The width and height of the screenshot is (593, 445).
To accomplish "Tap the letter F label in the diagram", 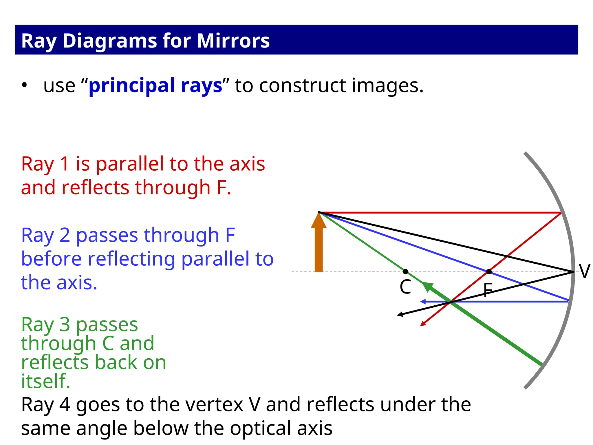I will tap(488, 290).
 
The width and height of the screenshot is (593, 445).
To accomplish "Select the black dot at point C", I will tap(405, 271).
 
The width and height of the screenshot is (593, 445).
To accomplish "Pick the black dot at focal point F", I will tap(489, 271).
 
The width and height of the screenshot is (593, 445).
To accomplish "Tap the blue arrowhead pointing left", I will tap(423, 302).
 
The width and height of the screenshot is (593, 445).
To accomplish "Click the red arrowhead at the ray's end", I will tap(423, 324).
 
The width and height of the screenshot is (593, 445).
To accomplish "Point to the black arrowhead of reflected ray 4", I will tap(400, 314).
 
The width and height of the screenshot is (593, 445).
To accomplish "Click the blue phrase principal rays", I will tap(155, 85).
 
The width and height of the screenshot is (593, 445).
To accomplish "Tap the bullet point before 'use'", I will tap(25, 85).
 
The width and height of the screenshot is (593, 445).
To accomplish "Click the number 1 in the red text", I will tap(65, 164).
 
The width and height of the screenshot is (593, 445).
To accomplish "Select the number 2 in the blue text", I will tap(65, 235).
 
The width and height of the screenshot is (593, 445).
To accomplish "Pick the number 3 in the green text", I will tap(65, 324).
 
